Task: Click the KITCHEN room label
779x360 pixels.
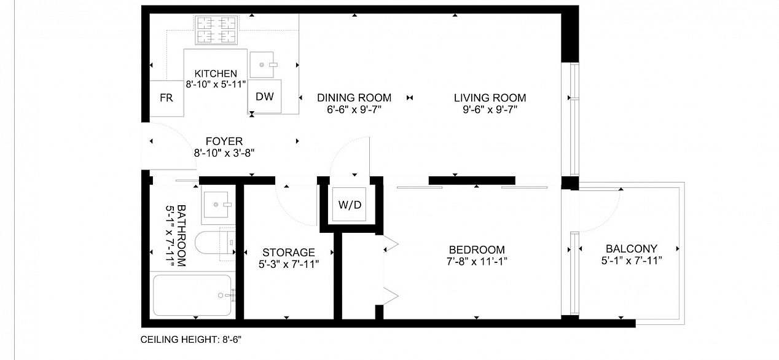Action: (x=216, y=74)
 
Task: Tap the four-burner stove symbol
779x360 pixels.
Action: (x=216, y=30)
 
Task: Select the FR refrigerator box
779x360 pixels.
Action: (x=166, y=98)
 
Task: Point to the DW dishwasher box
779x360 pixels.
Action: (x=265, y=96)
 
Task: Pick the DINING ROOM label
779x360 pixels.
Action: (x=354, y=98)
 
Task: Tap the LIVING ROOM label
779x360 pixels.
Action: (x=490, y=98)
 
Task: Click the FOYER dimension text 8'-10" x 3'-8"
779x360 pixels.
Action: (x=224, y=153)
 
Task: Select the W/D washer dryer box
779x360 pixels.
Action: (x=350, y=205)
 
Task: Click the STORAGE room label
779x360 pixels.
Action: (x=289, y=252)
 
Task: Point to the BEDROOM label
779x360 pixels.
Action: (x=477, y=250)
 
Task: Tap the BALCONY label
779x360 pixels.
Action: (x=632, y=249)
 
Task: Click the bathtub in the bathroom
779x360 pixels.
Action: (x=192, y=295)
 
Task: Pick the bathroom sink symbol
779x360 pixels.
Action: (x=216, y=205)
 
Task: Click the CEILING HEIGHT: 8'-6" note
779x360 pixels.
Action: (x=191, y=340)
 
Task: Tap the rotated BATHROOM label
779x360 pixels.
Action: (x=181, y=235)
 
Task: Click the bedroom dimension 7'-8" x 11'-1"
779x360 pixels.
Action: (x=477, y=262)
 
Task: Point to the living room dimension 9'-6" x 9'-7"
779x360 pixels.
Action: (x=490, y=109)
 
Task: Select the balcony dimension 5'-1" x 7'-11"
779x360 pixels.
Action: (x=632, y=260)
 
